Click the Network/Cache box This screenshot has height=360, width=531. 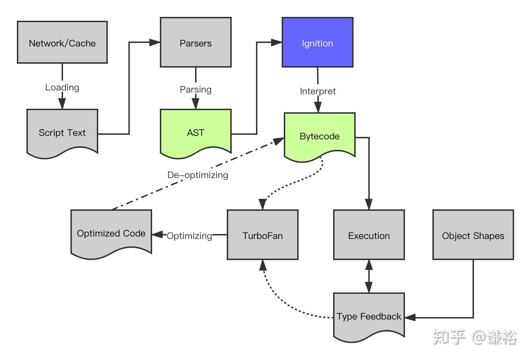point(62,43)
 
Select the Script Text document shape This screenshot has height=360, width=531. point(62,132)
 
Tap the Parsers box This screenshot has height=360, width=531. point(196,43)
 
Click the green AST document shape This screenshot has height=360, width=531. point(196,132)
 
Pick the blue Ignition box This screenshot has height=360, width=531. point(317,43)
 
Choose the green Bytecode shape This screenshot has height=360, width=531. point(319,136)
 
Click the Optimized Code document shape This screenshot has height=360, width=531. point(111,233)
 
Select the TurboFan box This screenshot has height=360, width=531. point(263,235)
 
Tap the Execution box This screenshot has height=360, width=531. point(369,235)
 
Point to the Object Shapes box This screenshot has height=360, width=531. point(473,235)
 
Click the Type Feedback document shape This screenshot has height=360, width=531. point(369,316)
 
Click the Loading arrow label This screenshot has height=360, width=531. point(62,87)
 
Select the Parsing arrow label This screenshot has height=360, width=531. point(196,89)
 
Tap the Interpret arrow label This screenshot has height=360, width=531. point(318,91)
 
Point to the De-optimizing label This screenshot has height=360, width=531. point(198,175)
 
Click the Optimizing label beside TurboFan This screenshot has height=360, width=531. point(189,236)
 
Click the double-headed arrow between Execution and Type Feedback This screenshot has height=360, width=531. point(369,276)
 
